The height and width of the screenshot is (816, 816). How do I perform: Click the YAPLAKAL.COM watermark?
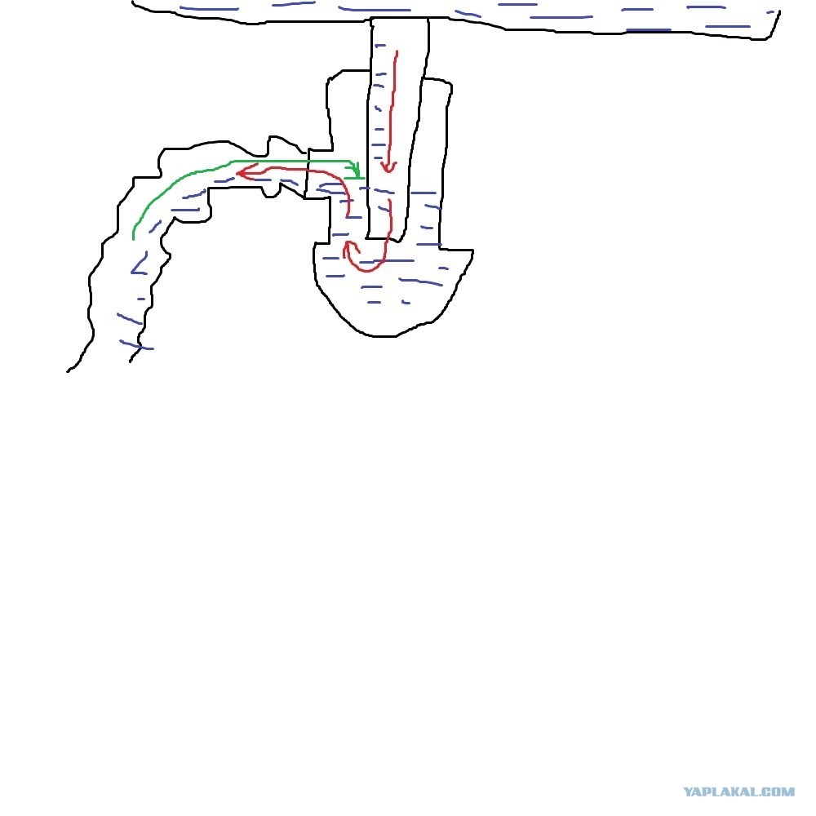point(738,792)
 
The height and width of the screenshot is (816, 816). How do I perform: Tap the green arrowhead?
point(356,169)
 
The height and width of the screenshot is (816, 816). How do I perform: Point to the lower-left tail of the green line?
point(134,237)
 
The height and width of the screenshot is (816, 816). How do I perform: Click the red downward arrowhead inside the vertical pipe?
point(388,167)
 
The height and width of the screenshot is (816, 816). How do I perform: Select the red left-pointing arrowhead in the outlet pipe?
point(245,171)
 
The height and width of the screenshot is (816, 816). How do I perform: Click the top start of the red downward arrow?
point(397,52)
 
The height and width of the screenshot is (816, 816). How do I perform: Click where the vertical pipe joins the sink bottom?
point(400,20)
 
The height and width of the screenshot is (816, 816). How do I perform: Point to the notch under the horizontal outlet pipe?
point(271,193)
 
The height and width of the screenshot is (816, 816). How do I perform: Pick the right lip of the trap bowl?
point(471,251)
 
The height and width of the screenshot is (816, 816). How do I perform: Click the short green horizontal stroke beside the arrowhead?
point(354,179)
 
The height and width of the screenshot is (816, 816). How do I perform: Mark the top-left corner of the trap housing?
point(329,81)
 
